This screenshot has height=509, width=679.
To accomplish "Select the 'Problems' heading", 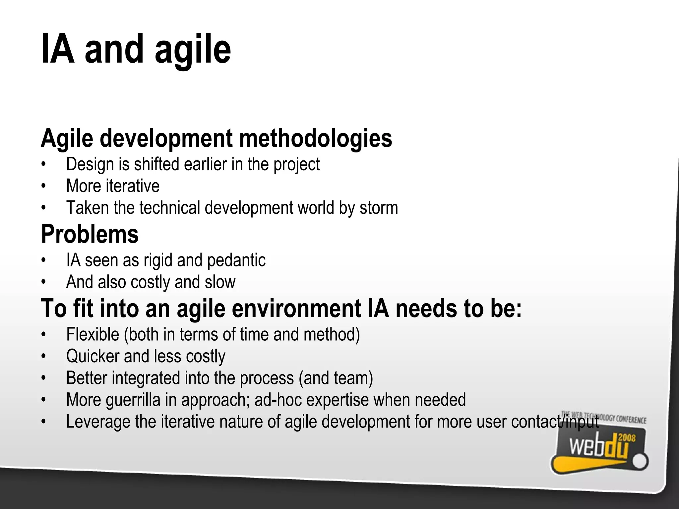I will pyautogui.click(x=90, y=234).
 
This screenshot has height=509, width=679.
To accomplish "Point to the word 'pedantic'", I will pyautogui.click(x=236, y=260).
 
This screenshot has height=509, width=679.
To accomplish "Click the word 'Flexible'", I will pyautogui.click(x=93, y=334).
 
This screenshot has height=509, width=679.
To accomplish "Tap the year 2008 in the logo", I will pyautogui.click(x=627, y=438).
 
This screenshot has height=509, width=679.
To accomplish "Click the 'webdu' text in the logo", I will pyautogui.click(x=598, y=448).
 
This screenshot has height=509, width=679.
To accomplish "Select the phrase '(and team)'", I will pyautogui.click(x=336, y=378).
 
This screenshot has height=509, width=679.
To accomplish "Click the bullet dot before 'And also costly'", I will pyautogui.click(x=43, y=282).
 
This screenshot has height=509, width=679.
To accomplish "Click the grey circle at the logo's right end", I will pyautogui.click(x=640, y=462).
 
